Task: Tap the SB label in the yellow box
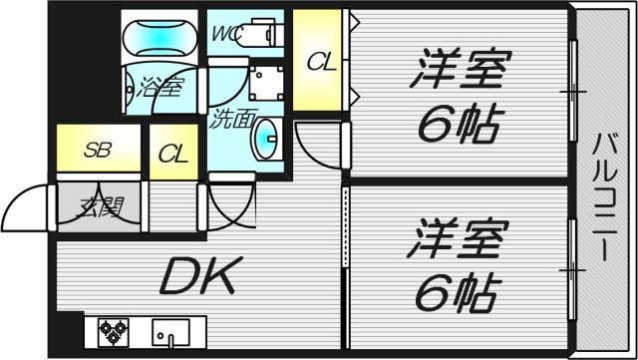pyautogui.click(x=97, y=152)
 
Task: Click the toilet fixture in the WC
pyautogui.click(x=263, y=33)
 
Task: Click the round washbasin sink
pyautogui.click(x=266, y=138)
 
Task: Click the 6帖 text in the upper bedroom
pyautogui.click(x=459, y=124)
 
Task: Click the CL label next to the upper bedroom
pyautogui.click(x=321, y=62)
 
